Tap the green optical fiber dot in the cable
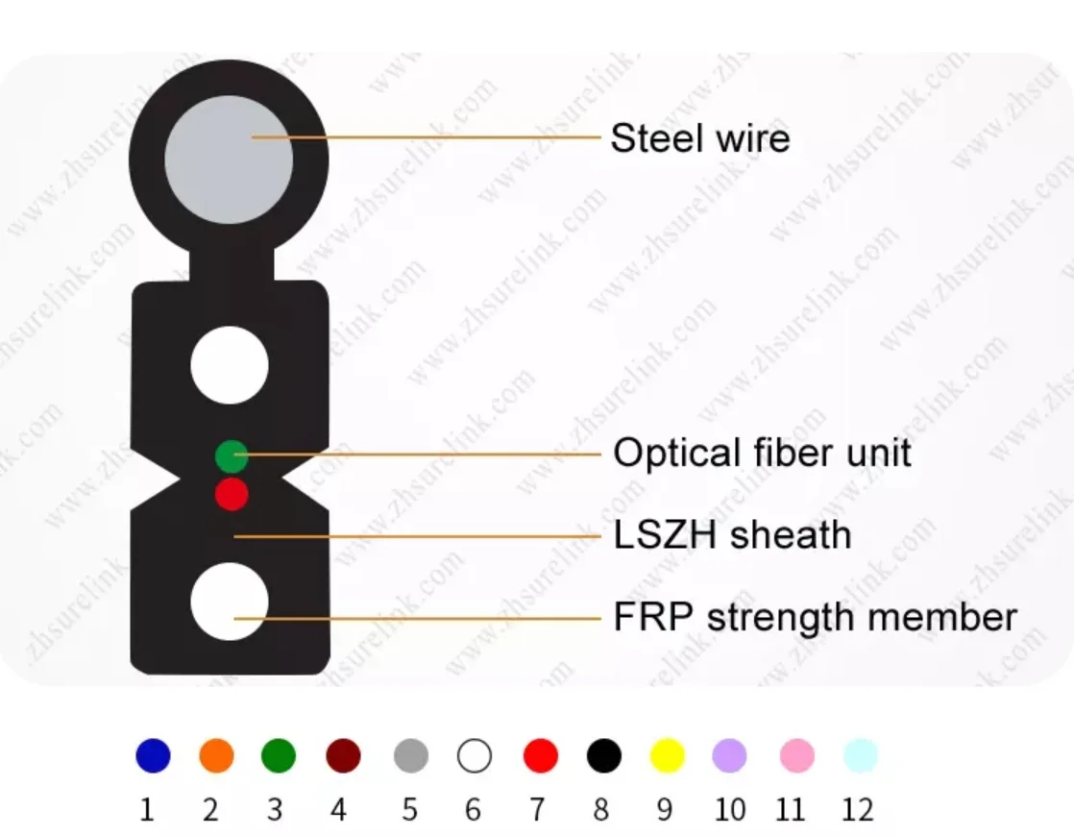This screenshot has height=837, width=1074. (x=232, y=455)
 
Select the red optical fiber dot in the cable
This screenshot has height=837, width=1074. (x=232, y=494)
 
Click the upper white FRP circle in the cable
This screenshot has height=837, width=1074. (x=230, y=365)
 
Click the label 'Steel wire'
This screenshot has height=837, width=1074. (x=699, y=138)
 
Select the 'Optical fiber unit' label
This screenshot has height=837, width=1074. (x=762, y=453)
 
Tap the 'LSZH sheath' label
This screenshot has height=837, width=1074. (x=732, y=535)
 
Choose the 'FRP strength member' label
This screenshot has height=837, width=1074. (x=815, y=617)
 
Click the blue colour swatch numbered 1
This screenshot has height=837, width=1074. (x=153, y=756)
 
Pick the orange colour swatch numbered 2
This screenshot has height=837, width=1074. (x=216, y=756)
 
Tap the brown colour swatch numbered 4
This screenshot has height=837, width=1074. (x=343, y=756)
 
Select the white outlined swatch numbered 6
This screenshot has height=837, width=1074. (x=475, y=756)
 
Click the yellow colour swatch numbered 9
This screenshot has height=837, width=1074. (x=667, y=756)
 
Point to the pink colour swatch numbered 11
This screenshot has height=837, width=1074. (x=796, y=756)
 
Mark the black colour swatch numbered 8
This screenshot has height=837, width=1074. (x=603, y=756)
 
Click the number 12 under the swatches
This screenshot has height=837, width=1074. (x=857, y=810)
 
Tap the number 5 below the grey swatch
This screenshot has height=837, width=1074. (x=410, y=810)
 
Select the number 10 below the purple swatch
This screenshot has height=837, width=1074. (x=730, y=810)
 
